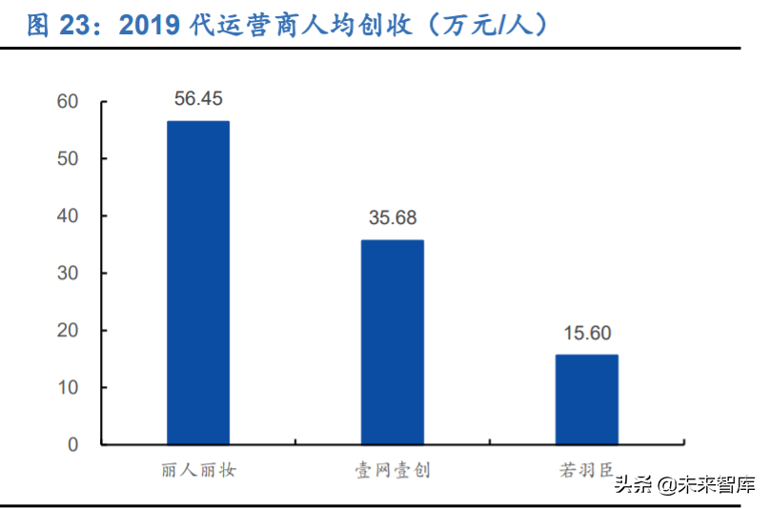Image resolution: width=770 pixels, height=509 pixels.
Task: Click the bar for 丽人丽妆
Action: [198, 283]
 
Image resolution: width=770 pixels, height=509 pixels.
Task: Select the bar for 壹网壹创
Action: [393, 342]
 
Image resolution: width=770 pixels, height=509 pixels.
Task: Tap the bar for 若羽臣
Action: [587, 399]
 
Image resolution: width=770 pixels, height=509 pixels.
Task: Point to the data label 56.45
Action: [198, 99]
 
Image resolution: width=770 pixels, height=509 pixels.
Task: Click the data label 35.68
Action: [393, 218]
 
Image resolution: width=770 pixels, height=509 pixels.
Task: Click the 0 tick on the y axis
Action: [72, 445]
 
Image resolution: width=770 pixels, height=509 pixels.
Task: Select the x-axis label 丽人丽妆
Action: [198, 470]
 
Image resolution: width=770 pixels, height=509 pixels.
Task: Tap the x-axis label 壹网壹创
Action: [393, 470]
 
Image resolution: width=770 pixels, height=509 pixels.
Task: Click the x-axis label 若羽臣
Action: [587, 470]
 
